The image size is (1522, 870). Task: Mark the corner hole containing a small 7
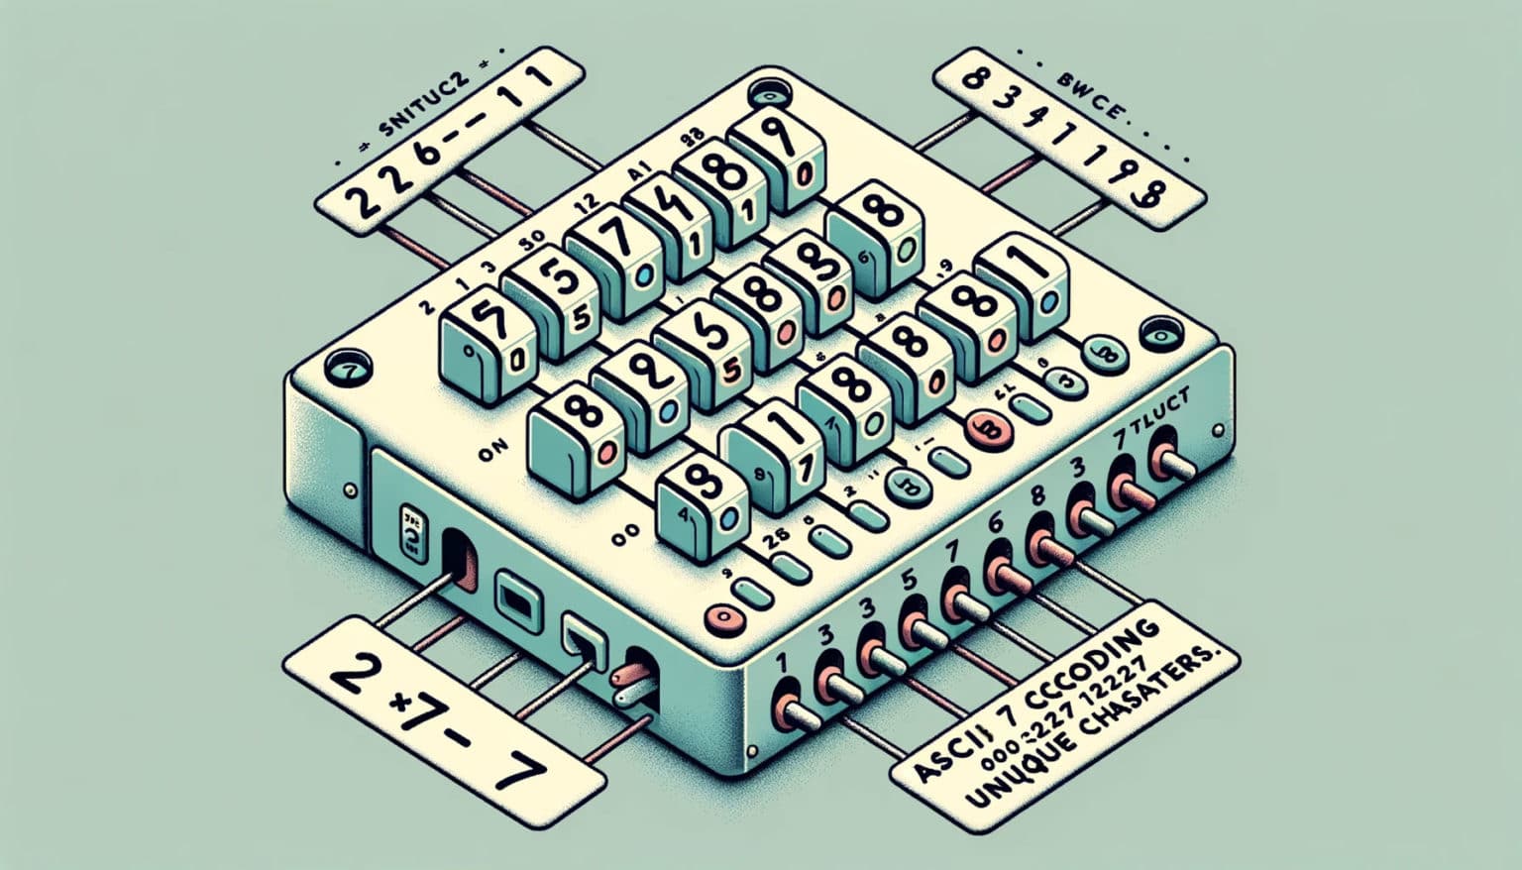[x=347, y=369]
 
